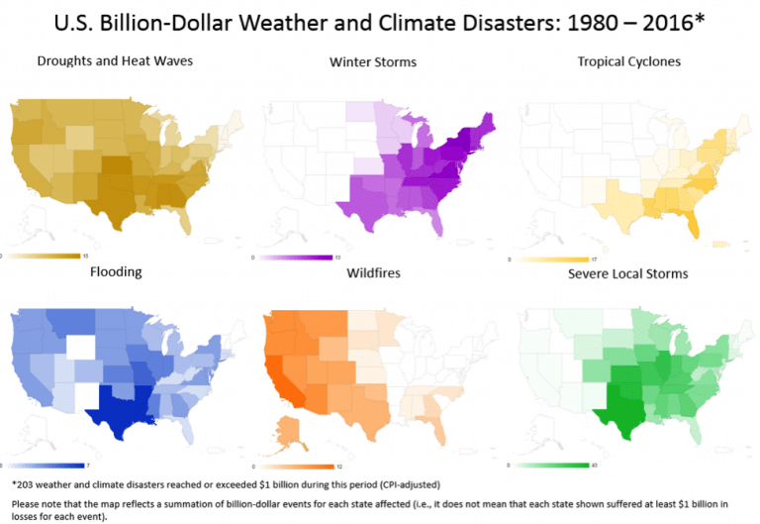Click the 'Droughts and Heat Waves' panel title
point(115,61)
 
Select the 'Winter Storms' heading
point(373,62)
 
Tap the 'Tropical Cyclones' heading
point(629,61)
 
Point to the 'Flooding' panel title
point(117,270)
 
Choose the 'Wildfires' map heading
point(373,271)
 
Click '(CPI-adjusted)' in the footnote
point(406,484)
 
